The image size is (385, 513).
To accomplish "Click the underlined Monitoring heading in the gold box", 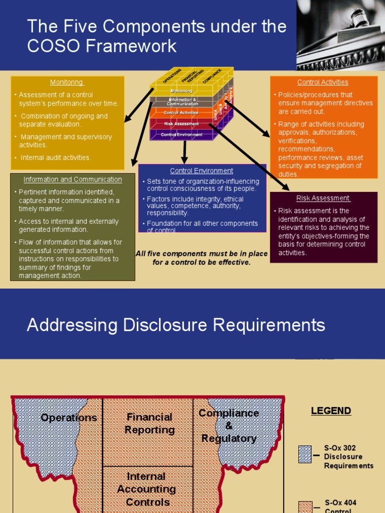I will tap(67, 82).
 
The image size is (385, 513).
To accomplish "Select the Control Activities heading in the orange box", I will tap(322, 82).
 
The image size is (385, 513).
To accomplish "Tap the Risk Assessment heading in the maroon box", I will tap(323, 198).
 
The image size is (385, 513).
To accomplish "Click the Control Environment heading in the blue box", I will tap(202, 171).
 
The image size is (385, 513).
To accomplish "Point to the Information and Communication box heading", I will tap(73, 179).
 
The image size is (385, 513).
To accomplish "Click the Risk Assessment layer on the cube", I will tap(181, 123).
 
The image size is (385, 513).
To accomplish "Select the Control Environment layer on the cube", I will tap(181, 135).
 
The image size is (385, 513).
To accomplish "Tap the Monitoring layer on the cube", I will tap(181, 91).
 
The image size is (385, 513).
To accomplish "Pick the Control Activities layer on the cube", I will tap(181, 113).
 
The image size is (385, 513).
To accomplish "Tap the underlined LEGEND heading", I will tap(331, 411).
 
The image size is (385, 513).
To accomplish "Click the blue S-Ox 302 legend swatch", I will tap(305, 454).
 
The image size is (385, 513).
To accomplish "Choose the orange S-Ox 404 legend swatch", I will tap(305, 506).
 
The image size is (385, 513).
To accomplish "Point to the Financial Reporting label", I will tap(149, 423).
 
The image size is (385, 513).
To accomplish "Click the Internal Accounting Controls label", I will tap(146, 489).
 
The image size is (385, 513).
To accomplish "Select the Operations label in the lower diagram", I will tap(69, 418).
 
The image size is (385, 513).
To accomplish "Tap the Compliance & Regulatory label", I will tap(229, 425).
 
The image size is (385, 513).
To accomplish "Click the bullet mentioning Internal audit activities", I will tap(56, 157).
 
